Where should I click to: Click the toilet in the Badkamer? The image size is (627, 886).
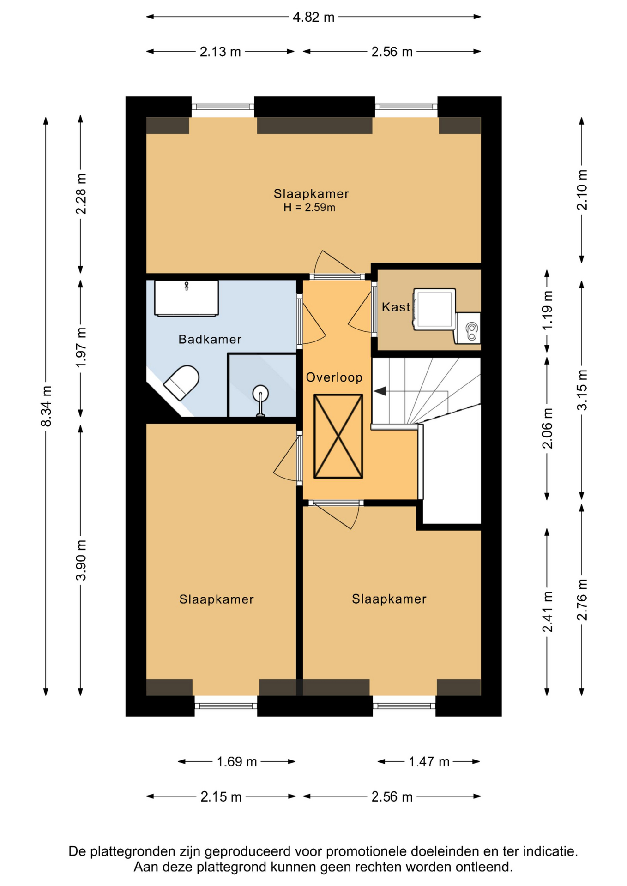[181, 382]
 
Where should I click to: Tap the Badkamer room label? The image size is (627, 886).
[210, 340]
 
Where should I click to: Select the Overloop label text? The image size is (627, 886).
[334, 377]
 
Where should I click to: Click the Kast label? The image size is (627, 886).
[396, 307]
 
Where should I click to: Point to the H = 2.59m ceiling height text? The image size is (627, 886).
[309, 208]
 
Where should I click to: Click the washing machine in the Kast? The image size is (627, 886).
[434, 309]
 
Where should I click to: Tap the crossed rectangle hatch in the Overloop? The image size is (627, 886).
[338, 436]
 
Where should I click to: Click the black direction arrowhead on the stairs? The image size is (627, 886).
[380, 391]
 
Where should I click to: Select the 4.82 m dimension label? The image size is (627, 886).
[313, 18]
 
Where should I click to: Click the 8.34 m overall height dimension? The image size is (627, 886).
[46, 406]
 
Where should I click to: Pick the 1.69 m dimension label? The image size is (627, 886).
[237, 761]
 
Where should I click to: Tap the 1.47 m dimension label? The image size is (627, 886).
[429, 761]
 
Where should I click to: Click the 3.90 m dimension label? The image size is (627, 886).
[81, 560]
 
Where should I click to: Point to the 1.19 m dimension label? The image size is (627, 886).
[547, 310]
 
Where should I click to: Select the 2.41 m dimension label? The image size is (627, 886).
[547, 612]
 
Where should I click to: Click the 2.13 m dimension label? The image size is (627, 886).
[220, 52]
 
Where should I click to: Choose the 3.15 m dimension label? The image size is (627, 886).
[582, 390]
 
